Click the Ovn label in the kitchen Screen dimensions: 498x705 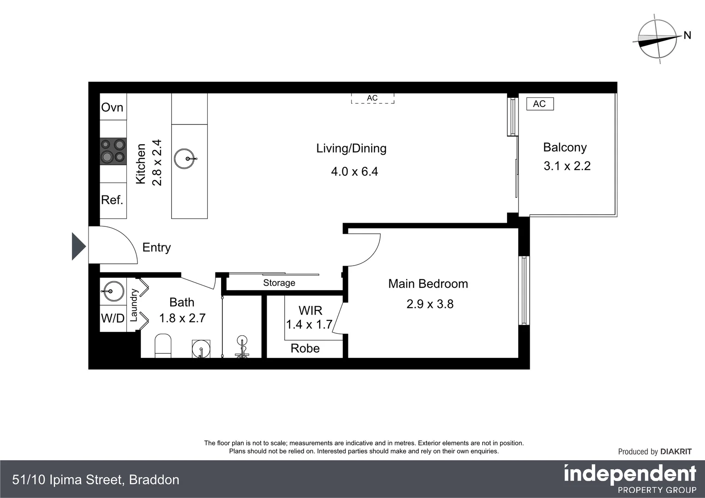(112, 107)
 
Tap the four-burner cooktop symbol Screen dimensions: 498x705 (113, 151)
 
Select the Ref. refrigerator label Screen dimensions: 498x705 (112, 200)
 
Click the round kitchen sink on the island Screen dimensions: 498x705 (185, 159)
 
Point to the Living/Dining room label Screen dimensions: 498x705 (351, 148)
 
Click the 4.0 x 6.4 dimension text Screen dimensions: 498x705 (354, 172)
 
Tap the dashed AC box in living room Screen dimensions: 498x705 (372, 98)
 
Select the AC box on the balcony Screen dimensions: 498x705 (539, 104)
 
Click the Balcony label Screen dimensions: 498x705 (565, 148)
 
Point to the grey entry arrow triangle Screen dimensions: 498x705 (78, 247)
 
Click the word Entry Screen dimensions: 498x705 (156, 248)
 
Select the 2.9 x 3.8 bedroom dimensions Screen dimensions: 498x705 (430, 304)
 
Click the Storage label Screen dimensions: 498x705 (279, 283)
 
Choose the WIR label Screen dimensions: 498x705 (311, 310)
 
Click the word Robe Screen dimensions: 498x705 (305, 349)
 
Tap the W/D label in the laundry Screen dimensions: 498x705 (113, 319)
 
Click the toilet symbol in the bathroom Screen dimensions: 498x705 (163, 346)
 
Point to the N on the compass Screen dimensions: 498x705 (687, 35)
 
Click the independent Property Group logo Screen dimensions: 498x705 (630, 479)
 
